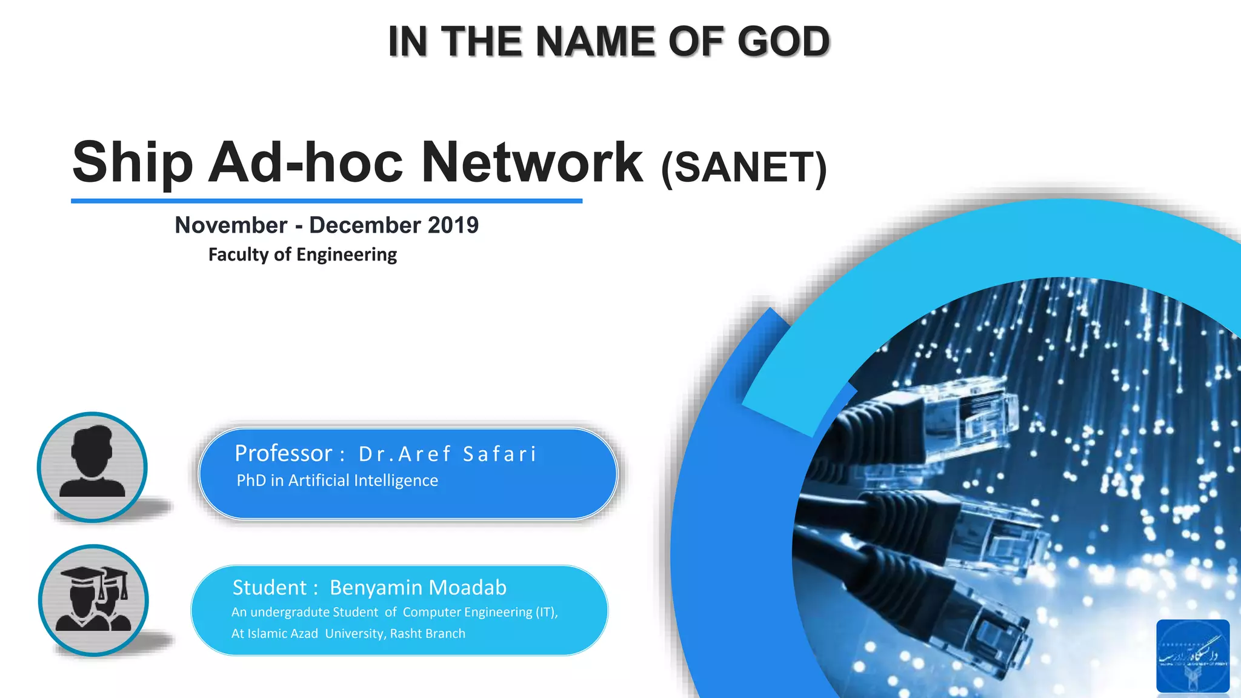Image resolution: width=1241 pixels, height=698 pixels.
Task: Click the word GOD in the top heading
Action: pos(783,41)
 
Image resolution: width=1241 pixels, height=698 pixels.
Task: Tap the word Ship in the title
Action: pos(133,162)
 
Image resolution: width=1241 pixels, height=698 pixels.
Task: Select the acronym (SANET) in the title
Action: pos(744,167)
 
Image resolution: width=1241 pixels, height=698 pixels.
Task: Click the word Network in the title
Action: pos(531,162)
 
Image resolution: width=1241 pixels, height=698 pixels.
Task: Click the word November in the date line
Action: pos(231,225)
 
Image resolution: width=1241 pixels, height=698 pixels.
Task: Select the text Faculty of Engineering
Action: pos(302,254)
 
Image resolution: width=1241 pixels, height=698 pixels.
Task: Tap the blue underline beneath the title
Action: pos(327,201)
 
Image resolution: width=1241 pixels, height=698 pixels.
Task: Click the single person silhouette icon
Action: pos(92,467)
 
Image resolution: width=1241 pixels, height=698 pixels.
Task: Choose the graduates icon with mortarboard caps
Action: pos(93,600)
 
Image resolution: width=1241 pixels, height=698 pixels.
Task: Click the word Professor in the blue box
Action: pos(284,453)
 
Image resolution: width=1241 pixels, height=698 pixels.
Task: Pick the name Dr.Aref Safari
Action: pos(447,454)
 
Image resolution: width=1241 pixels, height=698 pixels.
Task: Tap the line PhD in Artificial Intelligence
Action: pos(337,480)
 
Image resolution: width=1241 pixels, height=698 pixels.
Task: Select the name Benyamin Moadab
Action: pos(418,588)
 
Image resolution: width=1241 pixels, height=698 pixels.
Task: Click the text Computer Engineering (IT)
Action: pos(479,612)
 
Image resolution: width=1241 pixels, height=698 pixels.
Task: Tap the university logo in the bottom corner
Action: pos(1193,656)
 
